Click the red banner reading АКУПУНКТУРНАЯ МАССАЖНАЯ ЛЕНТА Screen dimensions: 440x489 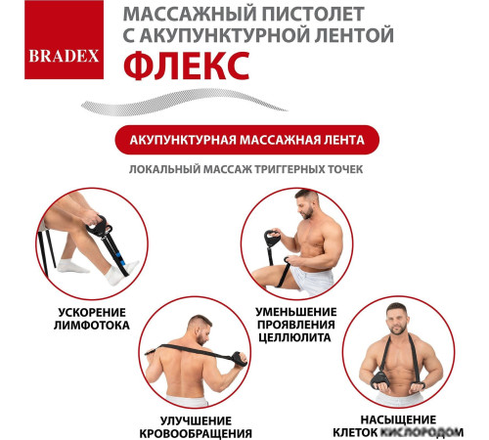click(244, 140)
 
